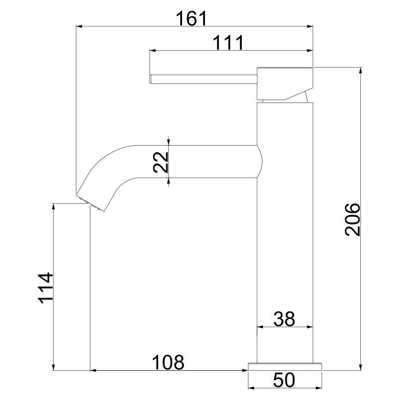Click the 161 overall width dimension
tap(192, 18)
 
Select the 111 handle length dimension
tap(228, 43)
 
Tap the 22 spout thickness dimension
tap(161, 162)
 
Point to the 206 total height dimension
tap(352, 219)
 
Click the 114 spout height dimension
tap(46, 288)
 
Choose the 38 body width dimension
tap(284, 319)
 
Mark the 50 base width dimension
tap(284, 380)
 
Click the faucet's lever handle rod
tap(203, 79)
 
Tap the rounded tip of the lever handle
tap(151, 79)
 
